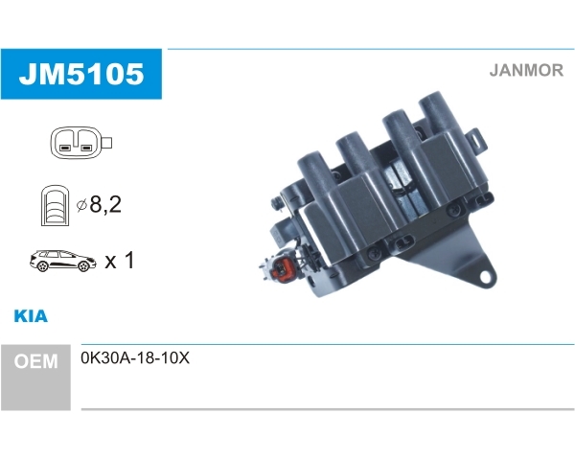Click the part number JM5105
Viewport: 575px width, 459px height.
point(81,74)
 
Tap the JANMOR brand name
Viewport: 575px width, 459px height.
point(526,70)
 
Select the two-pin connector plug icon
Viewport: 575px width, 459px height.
point(80,143)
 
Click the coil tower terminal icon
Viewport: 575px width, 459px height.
point(55,205)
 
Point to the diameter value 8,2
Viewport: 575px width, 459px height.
point(105,204)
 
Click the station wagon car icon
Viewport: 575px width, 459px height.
point(63,261)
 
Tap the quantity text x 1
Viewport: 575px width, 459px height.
point(120,261)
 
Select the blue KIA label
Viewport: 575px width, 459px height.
point(31,316)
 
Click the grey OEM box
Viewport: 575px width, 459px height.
point(35,378)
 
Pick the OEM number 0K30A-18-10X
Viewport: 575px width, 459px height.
point(135,358)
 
